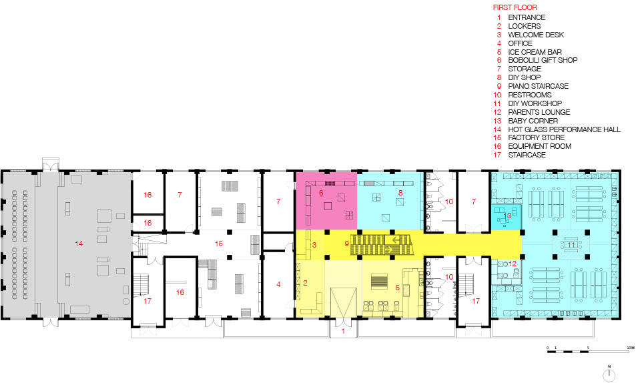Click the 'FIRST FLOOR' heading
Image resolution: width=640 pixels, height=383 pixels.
pos(515,7)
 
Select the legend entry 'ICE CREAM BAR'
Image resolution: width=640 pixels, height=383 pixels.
pos(535,52)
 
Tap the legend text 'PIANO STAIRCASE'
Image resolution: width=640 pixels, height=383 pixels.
pos(538,86)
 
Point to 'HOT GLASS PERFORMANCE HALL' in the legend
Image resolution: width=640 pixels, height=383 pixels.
pos(564,129)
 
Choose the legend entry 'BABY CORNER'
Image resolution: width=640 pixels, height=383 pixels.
pos(533,121)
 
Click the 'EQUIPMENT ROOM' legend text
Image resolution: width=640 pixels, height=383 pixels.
pos(540,146)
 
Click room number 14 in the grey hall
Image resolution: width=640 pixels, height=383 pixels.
pos(79,244)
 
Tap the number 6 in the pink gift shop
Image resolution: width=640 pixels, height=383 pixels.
pos(321,193)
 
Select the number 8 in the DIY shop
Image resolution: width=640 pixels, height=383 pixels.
pos(400,193)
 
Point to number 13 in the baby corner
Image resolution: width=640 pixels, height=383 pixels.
pos(507,216)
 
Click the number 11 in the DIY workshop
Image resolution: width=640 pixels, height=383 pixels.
pos(571,245)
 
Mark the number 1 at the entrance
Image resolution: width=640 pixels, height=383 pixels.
pos(343,331)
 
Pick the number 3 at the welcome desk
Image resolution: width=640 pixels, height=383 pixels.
pos(314,245)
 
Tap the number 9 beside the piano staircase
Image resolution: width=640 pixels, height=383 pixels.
pos(346,244)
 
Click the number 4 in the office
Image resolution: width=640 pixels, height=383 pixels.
pos(278,284)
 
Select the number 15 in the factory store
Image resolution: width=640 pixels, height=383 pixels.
pos(219,244)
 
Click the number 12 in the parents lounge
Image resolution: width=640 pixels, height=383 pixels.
pos(513,264)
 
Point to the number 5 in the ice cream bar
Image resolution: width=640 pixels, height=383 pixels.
pos(397,288)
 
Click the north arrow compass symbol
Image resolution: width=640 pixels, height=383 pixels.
pos(609,374)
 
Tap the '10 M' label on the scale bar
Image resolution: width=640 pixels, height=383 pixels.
pos(631,348)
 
